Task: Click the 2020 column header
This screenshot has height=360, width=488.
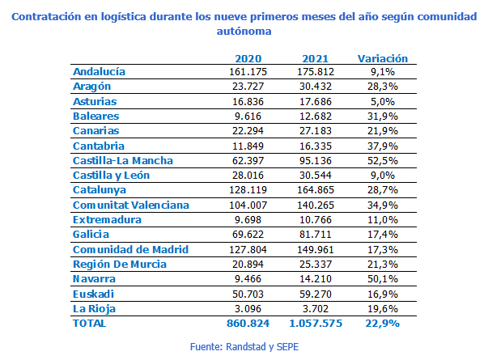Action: point(248,58)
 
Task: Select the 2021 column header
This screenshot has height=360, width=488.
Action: point(314,58)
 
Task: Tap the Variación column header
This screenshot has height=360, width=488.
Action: point(382,58)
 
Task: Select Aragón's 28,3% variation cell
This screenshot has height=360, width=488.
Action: point(382,87)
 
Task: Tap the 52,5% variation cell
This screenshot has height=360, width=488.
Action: point(382,160)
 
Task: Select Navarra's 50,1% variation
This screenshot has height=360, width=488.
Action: point(382,278)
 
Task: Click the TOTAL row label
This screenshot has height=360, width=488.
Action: point(89,323)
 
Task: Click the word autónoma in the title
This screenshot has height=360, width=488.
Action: point(244,31)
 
